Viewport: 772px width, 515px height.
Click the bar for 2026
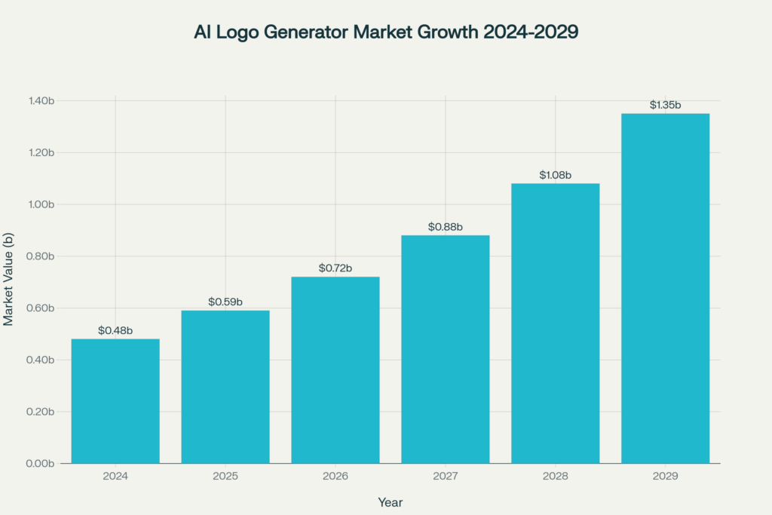click(335, 370)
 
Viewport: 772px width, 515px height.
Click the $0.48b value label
click(115, 331)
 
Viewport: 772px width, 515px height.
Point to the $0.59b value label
click(225, 302)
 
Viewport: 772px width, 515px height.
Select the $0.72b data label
click(335, 268)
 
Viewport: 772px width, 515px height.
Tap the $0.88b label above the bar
click(446, 227)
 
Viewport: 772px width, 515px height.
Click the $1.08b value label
click(556, 175)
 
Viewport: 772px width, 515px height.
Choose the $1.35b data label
click(665, 106)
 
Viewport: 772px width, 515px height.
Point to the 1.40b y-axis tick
click(41, 101)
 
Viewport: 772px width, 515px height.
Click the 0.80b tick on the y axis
click(41, 256)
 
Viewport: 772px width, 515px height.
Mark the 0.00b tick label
click(41, 464)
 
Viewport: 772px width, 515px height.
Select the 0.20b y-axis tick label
click(41, 412)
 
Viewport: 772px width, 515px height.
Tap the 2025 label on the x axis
click(225, 477)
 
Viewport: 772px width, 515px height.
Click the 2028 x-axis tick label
click(556, 477)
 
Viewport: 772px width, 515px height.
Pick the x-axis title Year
click(391, 501)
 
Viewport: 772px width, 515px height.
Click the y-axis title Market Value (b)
click(8, 280)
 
